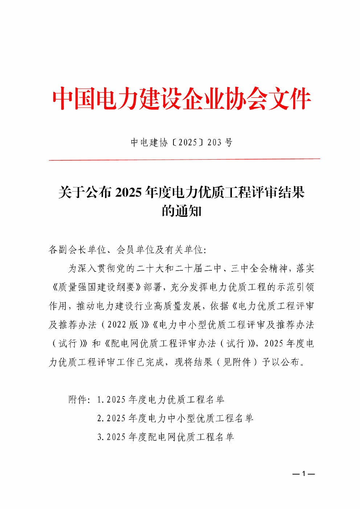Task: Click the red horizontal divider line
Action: click(184, 159)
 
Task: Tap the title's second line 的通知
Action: click(181, 211)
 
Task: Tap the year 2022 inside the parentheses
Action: click(117, 325)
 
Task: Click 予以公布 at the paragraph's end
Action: click(281, 362)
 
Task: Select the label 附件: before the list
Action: click(79, 400)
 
